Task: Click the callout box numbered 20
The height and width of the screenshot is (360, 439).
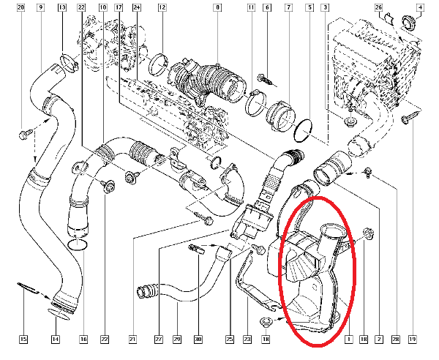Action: (x=20, y=7)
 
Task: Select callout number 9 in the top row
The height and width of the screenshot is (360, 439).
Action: (x=41, y=7)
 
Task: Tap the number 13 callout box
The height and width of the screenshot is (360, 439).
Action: (x=62, y=7)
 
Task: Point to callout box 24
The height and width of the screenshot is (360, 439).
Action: (x=136, y=7)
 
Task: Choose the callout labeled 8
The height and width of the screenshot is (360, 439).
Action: (x=217, y=7)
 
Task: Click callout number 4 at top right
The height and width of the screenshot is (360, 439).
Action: (x=420, y=7)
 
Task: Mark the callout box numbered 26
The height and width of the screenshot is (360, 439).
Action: (x=378, y=7)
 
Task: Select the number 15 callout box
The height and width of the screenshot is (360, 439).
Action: (x=23, y=340)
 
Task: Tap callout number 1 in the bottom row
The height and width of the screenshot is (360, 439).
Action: (x=349, y=340)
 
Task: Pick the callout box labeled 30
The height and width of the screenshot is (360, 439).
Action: (x=198, y=340)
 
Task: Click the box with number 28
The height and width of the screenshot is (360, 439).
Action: (x=396, y=340)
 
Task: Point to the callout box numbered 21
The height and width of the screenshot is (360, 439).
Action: (x=132, y=340)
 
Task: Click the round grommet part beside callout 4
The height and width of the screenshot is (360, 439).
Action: (x=409, y=22)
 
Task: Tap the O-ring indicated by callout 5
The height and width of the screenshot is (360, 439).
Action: (x=303, y=130)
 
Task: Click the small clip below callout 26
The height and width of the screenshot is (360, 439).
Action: (x=390, y=19)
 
